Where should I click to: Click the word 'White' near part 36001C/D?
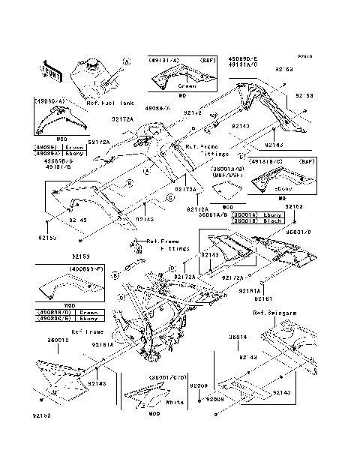pos(175,403)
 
